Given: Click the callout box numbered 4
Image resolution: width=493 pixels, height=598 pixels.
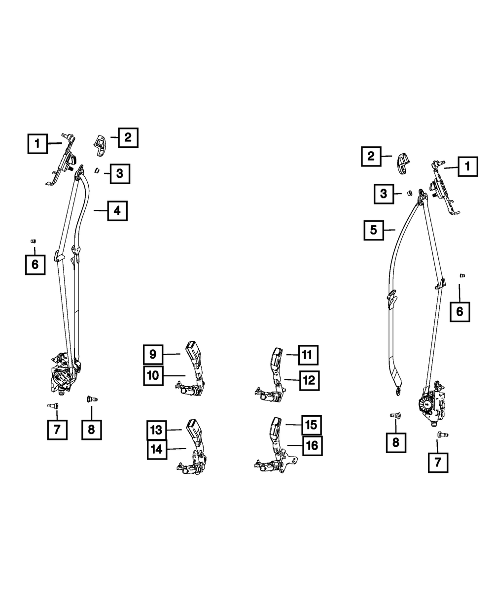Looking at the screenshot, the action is coord(117,211).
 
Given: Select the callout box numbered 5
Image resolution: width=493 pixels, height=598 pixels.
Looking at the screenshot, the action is coord(374,230).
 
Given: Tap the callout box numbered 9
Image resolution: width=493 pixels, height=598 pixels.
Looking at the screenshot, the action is coord(153,355).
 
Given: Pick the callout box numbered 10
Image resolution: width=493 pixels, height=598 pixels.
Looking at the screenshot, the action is coord(153,375).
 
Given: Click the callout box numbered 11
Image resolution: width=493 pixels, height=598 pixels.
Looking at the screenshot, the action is coord(308,355).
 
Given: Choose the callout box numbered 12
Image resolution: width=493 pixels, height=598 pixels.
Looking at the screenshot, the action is coord(309,381).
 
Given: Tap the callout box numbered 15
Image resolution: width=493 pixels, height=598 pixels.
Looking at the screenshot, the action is coord(311,425).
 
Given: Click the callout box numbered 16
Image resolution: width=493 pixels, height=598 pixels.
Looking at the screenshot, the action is coord(312,446).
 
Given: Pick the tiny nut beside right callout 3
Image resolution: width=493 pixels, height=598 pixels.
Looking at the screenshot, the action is coord(410,193).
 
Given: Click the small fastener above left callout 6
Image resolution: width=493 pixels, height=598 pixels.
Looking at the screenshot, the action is coord(33,241).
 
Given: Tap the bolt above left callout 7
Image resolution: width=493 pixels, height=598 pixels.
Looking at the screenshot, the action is coord(53,405).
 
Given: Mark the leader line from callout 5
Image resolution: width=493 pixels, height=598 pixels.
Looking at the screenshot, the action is coord(389,230).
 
